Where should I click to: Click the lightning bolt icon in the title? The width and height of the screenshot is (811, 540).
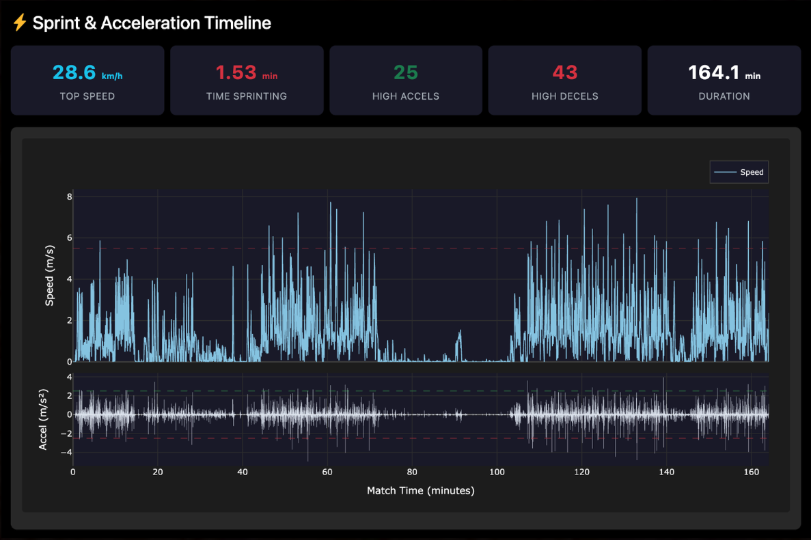[20, 23]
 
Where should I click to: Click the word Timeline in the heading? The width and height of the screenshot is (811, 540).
[238, 23]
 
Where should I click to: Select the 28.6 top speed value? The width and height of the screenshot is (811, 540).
[76, 72]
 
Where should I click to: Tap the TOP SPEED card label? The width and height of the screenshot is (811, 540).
[87, 96]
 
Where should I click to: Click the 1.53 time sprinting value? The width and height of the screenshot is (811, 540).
[236, 72]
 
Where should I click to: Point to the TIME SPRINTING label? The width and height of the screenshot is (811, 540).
[247, 96]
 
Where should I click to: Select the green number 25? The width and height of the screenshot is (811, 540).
[406, 72]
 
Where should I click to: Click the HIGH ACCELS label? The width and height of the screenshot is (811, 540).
[406, 96]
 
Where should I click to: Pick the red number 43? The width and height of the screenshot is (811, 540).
[564, 72]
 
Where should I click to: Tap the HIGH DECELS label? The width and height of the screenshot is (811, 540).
[564, 96]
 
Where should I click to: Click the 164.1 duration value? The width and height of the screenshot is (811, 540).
[713, 72]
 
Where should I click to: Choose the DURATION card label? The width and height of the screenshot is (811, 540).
[724, 96]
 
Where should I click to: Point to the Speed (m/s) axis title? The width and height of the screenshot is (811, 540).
[50, 275]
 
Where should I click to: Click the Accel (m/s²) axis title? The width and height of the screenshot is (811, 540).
[43, 418]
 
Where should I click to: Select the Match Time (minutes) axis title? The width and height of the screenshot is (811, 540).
[420, 490]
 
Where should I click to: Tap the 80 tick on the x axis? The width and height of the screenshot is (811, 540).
[412, 472]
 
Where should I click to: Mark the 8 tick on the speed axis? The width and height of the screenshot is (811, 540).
[69, 197]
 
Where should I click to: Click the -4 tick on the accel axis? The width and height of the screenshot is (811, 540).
[67, 452]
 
